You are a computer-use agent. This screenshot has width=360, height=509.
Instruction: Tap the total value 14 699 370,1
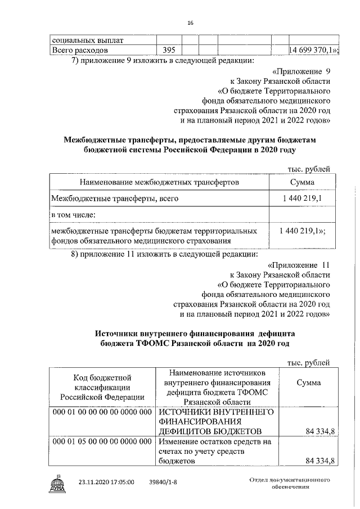pyautogui.click(x=313, y=51)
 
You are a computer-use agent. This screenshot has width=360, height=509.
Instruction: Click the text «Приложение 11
pyautogui.click(x=299, y=264)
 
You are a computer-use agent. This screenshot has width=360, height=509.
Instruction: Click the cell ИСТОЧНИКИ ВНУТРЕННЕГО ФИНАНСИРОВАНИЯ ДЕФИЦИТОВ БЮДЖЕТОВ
pyautogui.click(x=217, y=421)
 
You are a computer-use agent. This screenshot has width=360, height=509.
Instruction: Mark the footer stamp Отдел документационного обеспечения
pyautogui.click(x=289, y=483)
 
